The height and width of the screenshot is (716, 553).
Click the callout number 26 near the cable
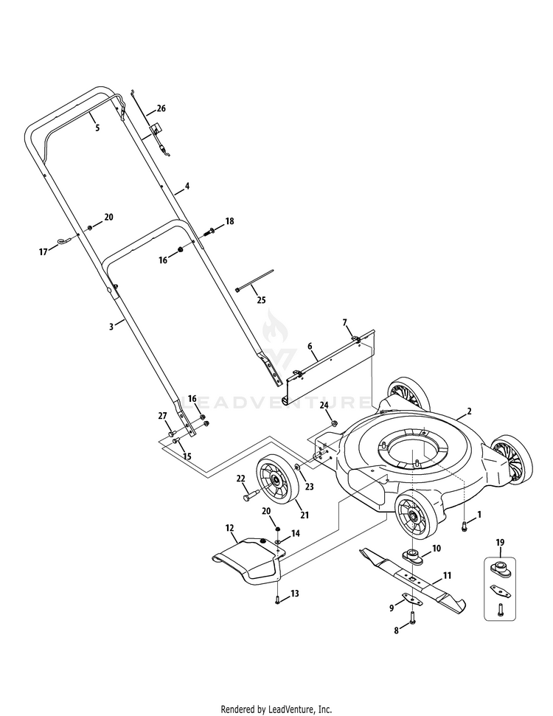click(161, 108)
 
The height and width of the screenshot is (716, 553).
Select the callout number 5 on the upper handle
click(97, 128)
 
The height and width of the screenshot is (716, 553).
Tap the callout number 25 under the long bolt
click(261, 299)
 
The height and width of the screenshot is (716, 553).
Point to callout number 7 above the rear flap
click(344, 322)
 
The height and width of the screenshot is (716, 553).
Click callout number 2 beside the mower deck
click(469, 411)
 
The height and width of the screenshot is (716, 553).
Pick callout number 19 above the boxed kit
click(501, 543)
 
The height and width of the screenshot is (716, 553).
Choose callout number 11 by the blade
click(447, 575)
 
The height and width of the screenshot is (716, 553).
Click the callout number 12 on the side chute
click(229, 528)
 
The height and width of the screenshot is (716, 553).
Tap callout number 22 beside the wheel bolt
click(240, 479)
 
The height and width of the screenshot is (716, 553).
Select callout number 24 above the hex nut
click(324, 406)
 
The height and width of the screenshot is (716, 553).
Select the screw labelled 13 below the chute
click(276, 599)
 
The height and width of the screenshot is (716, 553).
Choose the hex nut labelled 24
click(333, 424)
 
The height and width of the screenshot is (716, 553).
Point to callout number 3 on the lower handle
click(111, 324)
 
